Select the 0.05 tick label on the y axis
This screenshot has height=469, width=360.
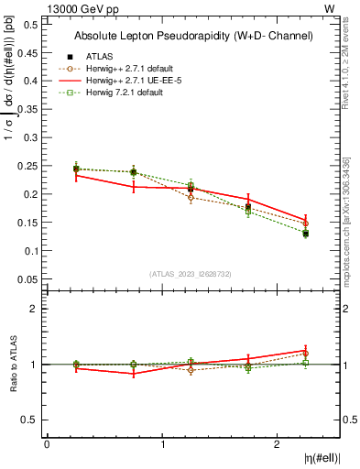click(x=28, y=278)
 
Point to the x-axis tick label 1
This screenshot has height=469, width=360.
click(x=162, y=444)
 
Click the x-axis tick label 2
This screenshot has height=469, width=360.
click(x=278, y=444)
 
